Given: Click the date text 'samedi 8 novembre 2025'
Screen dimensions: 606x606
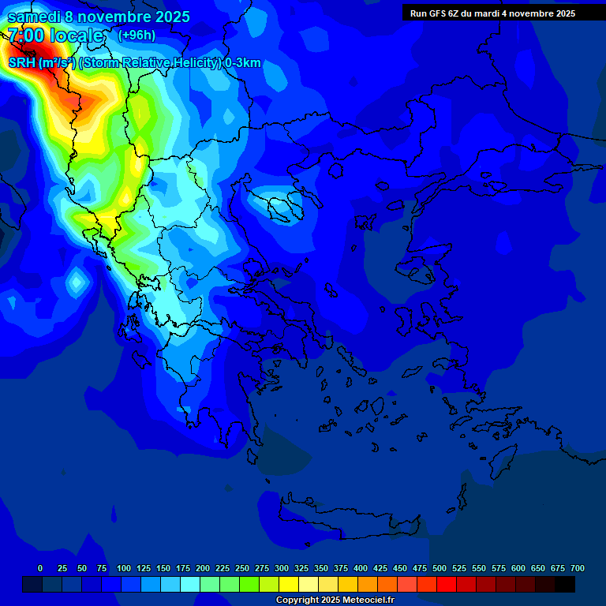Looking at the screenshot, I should pyautogui.click(x=98, y=17).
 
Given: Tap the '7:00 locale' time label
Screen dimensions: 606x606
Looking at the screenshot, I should pyautogui.click(x=55, y=36).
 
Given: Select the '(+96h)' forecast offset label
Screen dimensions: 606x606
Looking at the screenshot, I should pyautogui.click(x=137, y=35).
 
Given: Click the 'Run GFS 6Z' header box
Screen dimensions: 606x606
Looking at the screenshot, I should pyautogui.click(x=492, y=13).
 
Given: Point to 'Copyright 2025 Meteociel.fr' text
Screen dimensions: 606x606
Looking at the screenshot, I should pyautogui.click(x=335, y=600).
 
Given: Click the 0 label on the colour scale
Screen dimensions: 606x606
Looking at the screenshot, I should pyautogui.click(x=40, y=568).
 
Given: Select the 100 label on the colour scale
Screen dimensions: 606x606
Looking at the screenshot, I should pyautogui.click(x=123, y=568).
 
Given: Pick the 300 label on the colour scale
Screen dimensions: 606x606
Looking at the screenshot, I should pyautogui.click(x=281, y=568).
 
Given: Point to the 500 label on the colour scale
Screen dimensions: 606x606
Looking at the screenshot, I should pyautogui.click(x=439, y=568).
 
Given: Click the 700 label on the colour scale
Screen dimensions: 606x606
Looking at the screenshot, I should pyautogui.click(x=577, y=568).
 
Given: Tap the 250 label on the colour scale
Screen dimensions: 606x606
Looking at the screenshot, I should pyautogui.click(x=241, y=568).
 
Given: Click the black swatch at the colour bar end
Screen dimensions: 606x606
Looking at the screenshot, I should pyautogui.click(x=565, y=584).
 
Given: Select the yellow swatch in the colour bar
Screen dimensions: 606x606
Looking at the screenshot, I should pyautogui.click(x=289, y=584).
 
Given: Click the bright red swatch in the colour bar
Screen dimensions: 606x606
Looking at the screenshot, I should pyautogui.click(x=447, y=584).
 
